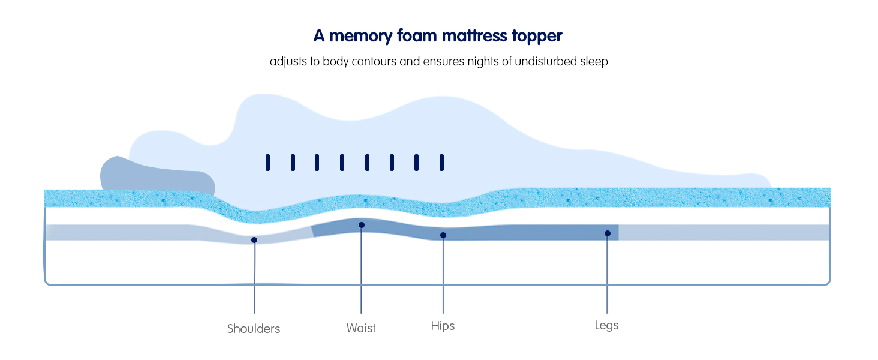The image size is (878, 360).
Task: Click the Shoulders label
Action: click(254, 329)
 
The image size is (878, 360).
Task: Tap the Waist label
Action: click(361, 328)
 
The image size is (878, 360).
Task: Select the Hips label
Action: click(443, 326)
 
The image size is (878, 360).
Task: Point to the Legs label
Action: click(606, 325)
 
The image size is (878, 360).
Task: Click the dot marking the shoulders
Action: click(254, 240)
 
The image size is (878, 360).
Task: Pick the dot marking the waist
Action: click(362, 225)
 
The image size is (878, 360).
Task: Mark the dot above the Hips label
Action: click(443, 235)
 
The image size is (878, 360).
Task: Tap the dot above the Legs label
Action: click(608, 233)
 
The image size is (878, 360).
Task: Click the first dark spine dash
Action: click(267, 162)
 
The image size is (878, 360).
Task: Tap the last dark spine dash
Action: click(441, 162)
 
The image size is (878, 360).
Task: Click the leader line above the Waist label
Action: click(361, 270)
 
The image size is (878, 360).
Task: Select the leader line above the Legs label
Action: click(607, 273)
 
